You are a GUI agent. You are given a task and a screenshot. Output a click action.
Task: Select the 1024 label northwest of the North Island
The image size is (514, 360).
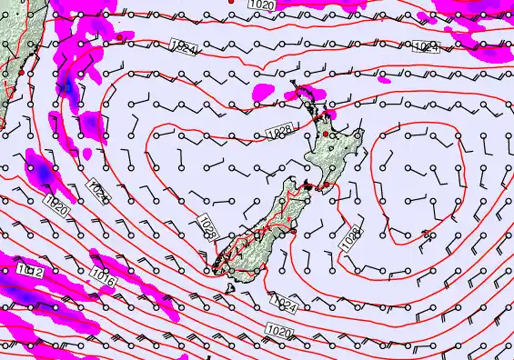point(180,47)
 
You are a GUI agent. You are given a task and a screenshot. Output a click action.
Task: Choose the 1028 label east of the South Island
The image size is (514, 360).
point(350,238)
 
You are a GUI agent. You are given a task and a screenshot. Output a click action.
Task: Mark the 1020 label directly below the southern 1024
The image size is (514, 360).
point(280,332)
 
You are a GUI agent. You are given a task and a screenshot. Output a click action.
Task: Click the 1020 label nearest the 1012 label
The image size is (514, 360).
point(55,205)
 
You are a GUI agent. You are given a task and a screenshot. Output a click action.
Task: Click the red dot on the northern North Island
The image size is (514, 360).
point(325,135)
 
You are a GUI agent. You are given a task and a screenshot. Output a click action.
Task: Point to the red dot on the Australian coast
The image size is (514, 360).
point(20,71)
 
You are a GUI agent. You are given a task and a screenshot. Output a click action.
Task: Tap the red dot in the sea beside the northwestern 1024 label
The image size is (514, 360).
point(118,37)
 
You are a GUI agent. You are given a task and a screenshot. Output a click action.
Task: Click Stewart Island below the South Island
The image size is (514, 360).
point(233,288)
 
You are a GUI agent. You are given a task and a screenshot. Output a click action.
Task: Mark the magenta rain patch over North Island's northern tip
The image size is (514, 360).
point(312,94)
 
